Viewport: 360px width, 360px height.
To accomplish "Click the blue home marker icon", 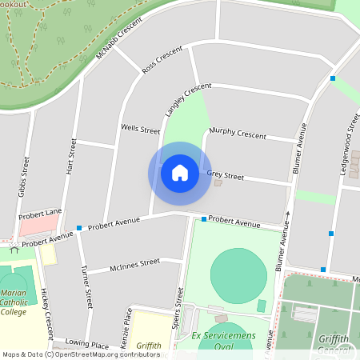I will pyautogui.click(x=180, y=173).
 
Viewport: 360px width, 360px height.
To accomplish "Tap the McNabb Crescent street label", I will pyautogui.click(x=119, y=37).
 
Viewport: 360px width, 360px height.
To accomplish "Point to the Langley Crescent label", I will pyautogui.click(x=188, y=98).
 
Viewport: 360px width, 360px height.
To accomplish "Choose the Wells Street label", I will pyautogui.click(x=140, y=128).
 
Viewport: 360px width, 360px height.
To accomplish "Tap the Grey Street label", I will pyautogui.click(x=225, y=174).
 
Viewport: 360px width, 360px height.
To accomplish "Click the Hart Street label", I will pyautogui.click(x=73, y=158).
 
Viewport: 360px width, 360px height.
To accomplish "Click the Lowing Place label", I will pyautogui.click(x=87, y=345).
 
